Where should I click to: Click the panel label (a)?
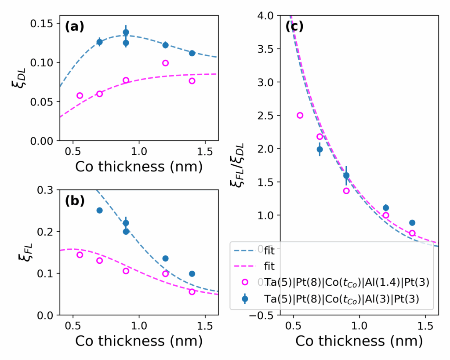pos(74,27)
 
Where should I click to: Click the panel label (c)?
pos(294,27)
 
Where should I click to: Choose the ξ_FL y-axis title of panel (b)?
pos(18,253)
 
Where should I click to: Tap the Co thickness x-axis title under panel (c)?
pos(359,341)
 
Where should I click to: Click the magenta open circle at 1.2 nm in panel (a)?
pos(165,63)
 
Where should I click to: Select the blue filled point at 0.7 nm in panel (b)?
pos(99,210)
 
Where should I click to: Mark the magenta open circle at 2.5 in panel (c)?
pos(300,116)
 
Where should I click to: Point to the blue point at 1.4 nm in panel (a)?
pos(192,53)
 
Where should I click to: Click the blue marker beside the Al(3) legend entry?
pos(245,298)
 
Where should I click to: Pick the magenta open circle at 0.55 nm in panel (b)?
pos(80,255)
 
